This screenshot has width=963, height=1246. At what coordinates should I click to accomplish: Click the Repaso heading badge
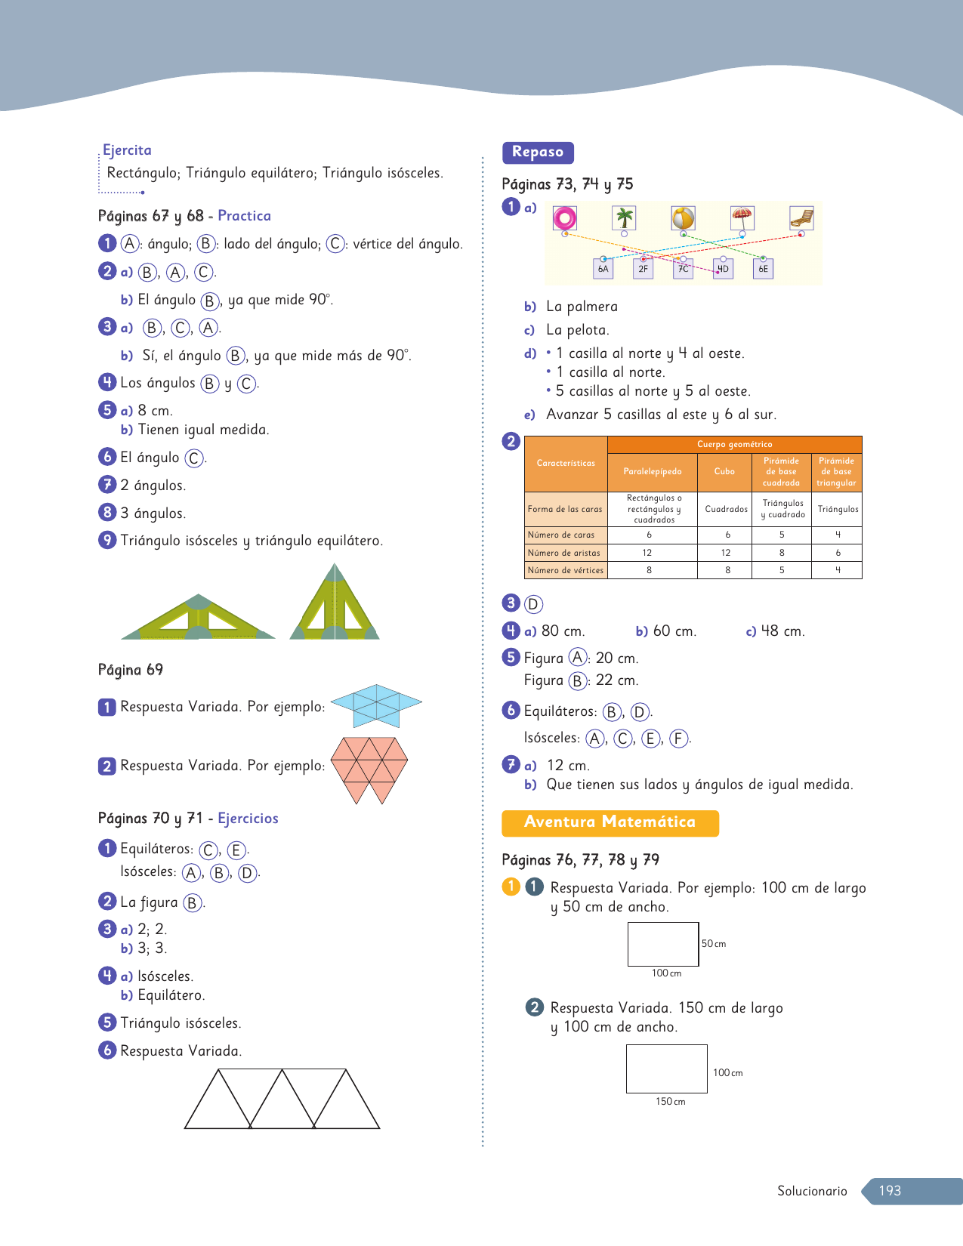coord(538,153)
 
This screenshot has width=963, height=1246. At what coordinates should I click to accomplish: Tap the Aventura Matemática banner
coord(610,822)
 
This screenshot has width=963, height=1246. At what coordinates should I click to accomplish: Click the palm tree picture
coord(624,218)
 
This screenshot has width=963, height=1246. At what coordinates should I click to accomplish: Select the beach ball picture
coord(683,218)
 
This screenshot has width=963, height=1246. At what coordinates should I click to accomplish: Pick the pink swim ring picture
coord(564,218)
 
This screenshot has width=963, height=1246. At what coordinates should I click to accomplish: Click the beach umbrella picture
coord(742,218)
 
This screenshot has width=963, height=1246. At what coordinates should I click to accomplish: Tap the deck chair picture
coord(801,218)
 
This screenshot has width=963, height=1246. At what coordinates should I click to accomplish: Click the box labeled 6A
coord(603,269)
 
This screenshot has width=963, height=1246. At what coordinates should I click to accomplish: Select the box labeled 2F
coord(643,269)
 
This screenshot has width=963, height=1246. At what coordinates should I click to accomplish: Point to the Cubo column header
coord(724,472)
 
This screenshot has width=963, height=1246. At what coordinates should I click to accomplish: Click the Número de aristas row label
coord(564,553)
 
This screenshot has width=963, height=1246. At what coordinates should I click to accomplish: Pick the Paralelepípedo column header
coord(652,472)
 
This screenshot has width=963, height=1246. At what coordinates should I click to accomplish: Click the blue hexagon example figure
coord(376,705)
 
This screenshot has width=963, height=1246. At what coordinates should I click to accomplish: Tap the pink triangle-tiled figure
coord(369,769)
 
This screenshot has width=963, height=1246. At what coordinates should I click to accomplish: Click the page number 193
coord(890,1191)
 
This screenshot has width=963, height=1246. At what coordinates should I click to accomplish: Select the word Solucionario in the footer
coord(812,1191)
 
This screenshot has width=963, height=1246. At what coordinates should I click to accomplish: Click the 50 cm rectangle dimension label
coord(713,944)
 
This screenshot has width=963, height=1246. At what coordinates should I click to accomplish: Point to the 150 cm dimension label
coord(670,1102)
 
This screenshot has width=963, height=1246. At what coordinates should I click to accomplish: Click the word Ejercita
coord(127,150)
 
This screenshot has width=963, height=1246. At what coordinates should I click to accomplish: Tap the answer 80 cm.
coord(563,631)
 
